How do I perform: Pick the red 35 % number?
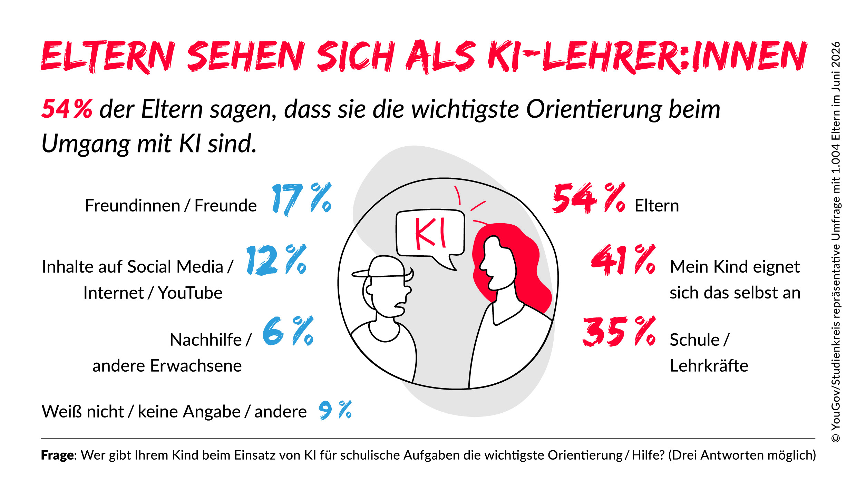pyautogui.click(x=619, y=331)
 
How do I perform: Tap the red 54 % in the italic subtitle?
pyautogui.click(x=67, y=109)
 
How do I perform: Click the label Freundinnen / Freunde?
pyautogui.click(x=171, y=206)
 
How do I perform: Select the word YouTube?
pyautogui.click(x=190, y=293)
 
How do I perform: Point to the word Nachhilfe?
pyautogui.click(x=206, y=340)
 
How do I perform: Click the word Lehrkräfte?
pyautogui.click(x=709, y=365)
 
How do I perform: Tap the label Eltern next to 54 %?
pyautogui.click(x=657, y=206)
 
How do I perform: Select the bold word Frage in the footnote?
pyautogui.click(x=57, y=455)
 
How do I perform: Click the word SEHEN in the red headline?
pyautogui.click(x=246, y=56)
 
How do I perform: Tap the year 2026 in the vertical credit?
pyautogui.click(x=836, y=55)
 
